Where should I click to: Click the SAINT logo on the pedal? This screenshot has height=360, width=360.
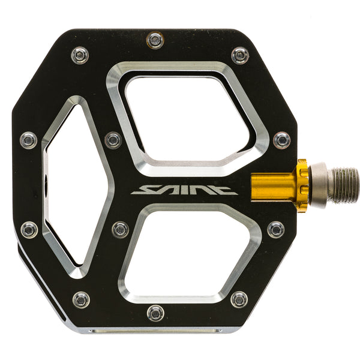tap(184, 190)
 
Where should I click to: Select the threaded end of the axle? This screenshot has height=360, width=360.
tap(344, 185)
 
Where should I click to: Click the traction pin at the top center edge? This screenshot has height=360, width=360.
tap(155, 40)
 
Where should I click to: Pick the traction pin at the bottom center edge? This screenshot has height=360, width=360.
tap(155, 313)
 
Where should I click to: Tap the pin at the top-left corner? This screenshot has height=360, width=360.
tap(80, 55)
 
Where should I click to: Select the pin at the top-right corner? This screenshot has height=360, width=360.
tap(240, 55)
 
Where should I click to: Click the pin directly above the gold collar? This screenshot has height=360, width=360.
tap(281, 140)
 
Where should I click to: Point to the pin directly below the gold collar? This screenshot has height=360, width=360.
tap(275, 229)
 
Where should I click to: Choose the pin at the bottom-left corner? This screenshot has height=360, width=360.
tap(80, 299)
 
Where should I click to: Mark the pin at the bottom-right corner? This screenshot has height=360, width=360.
tap(239, 299)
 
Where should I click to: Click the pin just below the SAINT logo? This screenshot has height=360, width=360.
tap(120, 229)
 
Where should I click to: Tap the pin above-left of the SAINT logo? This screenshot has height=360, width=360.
tap(113, 140)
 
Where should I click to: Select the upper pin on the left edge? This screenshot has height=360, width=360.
tap(28, 140)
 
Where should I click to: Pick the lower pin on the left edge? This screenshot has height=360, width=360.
tap(28, 229)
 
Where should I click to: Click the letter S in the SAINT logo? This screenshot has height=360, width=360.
tap(143, 190)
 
